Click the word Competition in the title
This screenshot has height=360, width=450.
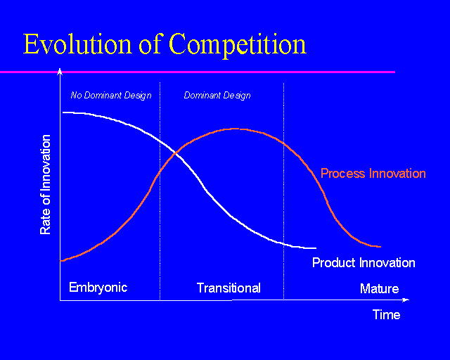tap(238, 44)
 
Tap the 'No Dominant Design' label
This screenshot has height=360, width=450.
tap(111, 95)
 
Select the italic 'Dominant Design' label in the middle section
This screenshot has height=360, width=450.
tap(217, 95)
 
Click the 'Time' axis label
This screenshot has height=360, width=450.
tap(386, 314)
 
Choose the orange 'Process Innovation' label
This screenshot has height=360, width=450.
tap(373, 173)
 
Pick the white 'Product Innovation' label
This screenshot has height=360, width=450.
tap(364, 263)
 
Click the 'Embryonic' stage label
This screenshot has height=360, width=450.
tap(98, 287)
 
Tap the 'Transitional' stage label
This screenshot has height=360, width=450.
tap(229, 288)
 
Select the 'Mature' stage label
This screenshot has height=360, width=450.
tap(379, 288)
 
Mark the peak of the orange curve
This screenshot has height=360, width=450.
tap(236, 129)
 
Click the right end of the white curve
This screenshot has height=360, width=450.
tap(316, 248)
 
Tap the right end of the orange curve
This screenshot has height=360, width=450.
tap(380, 247)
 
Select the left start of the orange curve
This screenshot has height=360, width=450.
tap(62, 261)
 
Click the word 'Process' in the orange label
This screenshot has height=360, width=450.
tap(342, 173)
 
